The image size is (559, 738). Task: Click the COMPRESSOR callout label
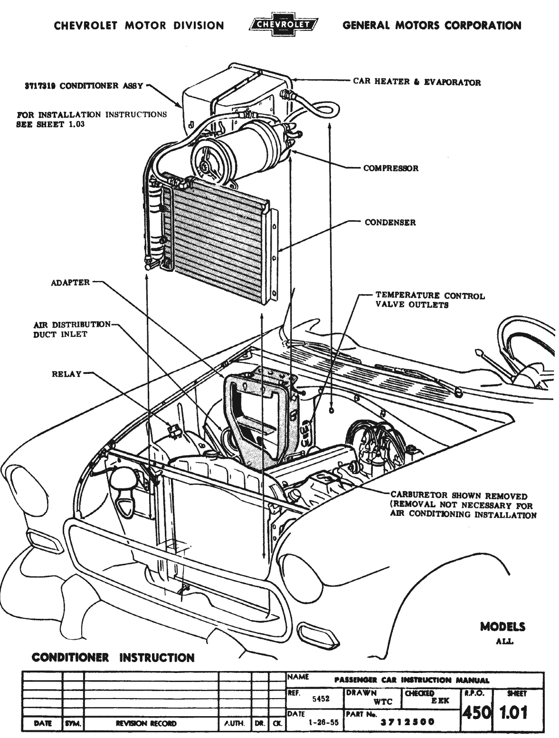[x=390, y=168]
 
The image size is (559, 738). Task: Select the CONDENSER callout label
[x=390, y=222]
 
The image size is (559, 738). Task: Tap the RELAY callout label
[x=66, y=374]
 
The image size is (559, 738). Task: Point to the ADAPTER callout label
[x=70, y=282]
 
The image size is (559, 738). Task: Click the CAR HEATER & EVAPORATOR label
[x=417, y=82]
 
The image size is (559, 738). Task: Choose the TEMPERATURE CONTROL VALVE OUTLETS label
[x=430, y=300]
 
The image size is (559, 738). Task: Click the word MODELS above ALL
[x=502, y=627]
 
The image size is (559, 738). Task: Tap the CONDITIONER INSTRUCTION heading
[x=113, y=658]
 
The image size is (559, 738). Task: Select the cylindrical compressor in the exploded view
[x=242, y=147]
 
